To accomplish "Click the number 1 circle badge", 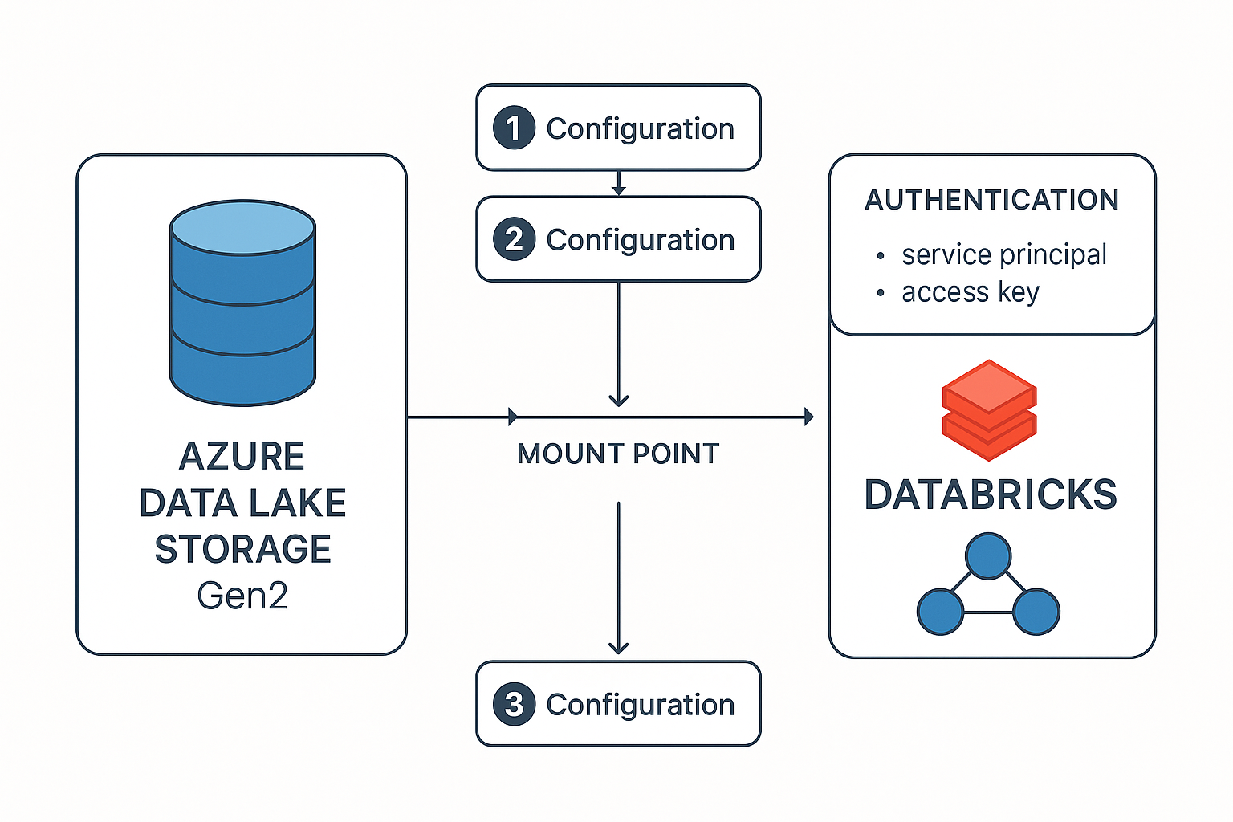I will point(514,128).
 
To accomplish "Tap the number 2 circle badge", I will point(514,239).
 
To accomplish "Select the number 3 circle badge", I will point(514,704).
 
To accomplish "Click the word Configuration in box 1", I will point(640,128).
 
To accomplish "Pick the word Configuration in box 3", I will point(640,705).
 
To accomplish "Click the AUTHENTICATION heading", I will point(991,200).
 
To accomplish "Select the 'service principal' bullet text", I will point(1003,254).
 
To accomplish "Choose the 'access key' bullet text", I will point(970,292).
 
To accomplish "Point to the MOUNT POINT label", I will point(618,454).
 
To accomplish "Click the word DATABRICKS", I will point(991,494).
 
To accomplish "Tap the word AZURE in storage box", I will point(242,456).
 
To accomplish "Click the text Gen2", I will point(242,596).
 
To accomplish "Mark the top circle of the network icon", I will point(988,555).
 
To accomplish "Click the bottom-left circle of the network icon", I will point(940,612).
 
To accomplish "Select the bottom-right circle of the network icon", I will point(1036,612).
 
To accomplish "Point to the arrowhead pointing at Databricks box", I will point(808,417).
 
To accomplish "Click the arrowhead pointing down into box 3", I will point(618,647).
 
